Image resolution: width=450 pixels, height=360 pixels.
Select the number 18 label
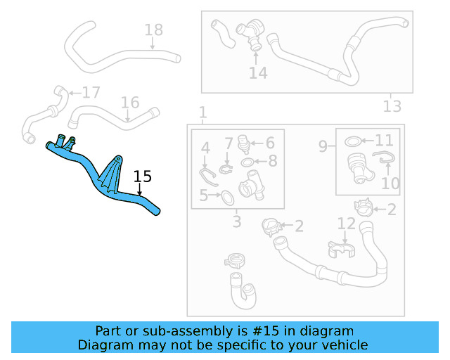click(x=153, y=30)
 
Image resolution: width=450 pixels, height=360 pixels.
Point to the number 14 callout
click(x=258, y=72)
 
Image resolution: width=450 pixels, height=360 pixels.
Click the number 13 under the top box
click(x=392, y=106)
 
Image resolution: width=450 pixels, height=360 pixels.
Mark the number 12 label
click(x=347, y=224)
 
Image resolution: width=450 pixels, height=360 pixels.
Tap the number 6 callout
click(x=269, y=143)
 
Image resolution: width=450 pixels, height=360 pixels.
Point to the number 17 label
click(x=91, y=93)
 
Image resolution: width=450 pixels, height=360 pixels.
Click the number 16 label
click(x=130, y=103)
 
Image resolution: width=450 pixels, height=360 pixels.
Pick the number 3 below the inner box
click(x=236, y=222)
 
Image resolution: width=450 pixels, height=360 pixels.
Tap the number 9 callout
click(x=323, y=146)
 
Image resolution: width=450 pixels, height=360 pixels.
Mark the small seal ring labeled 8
click(x=248, y=163)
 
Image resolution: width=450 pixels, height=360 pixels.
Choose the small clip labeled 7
click(x=226, y=168)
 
